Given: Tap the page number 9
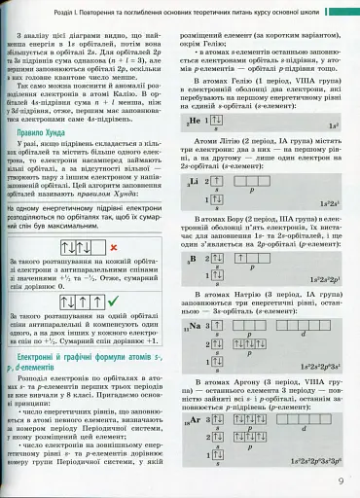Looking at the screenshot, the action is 342,478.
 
